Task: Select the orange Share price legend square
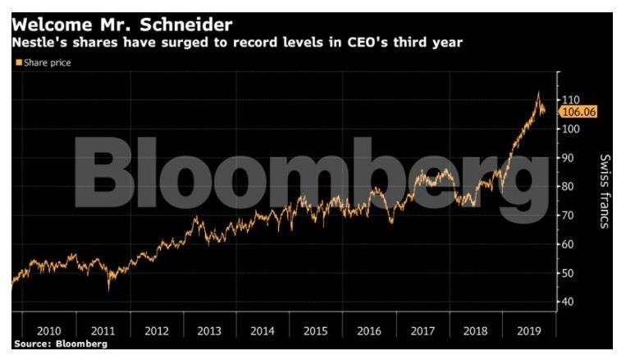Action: tap(18, 62)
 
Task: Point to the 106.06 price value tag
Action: tap(578, 112)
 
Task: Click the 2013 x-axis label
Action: tap(208, 331)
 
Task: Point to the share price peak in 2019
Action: tap(537, 92)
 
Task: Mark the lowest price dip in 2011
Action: tap(109, 288)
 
